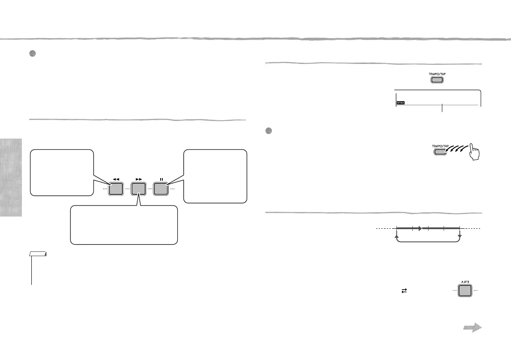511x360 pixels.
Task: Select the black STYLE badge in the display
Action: coord(400,103)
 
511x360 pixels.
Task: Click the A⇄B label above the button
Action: coord(463,278)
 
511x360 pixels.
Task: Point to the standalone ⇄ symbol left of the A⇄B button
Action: coord(404,290)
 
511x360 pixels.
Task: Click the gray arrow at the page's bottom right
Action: coord(473,328)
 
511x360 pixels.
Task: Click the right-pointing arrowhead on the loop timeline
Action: coord(422,229)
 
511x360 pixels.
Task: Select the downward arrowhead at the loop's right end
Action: coord(459,237)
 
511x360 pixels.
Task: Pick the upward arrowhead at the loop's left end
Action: coord(397,237)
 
